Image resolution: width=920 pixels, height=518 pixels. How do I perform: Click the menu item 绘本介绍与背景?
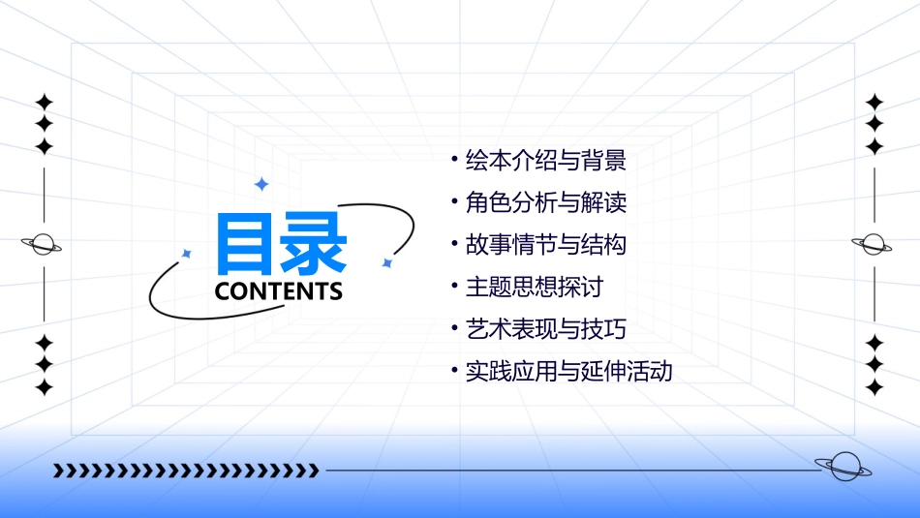[545, 159]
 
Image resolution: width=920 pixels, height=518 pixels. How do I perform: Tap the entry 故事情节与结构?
[545, 244]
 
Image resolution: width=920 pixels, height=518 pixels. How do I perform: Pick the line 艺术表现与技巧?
[545, 328]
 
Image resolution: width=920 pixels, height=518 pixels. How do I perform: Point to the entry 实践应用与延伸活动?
[568, 371]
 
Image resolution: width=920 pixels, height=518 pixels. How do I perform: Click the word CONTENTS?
[279, 290]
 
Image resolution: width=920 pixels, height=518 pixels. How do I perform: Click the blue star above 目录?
[261, 183]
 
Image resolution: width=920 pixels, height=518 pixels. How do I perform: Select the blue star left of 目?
[187, 253]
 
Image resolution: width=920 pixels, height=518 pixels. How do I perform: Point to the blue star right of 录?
[386, 262]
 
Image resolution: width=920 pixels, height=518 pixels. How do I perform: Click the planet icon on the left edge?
[42, 244]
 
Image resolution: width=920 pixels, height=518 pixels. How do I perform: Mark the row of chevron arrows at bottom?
[186, 471]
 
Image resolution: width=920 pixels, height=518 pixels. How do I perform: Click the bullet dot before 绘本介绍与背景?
[454, 158]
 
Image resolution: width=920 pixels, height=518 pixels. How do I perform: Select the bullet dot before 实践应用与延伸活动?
[454, 370]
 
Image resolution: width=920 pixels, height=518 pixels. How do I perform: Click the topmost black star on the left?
[44, 102]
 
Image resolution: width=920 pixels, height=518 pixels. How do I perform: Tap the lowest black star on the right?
[874, 387]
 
